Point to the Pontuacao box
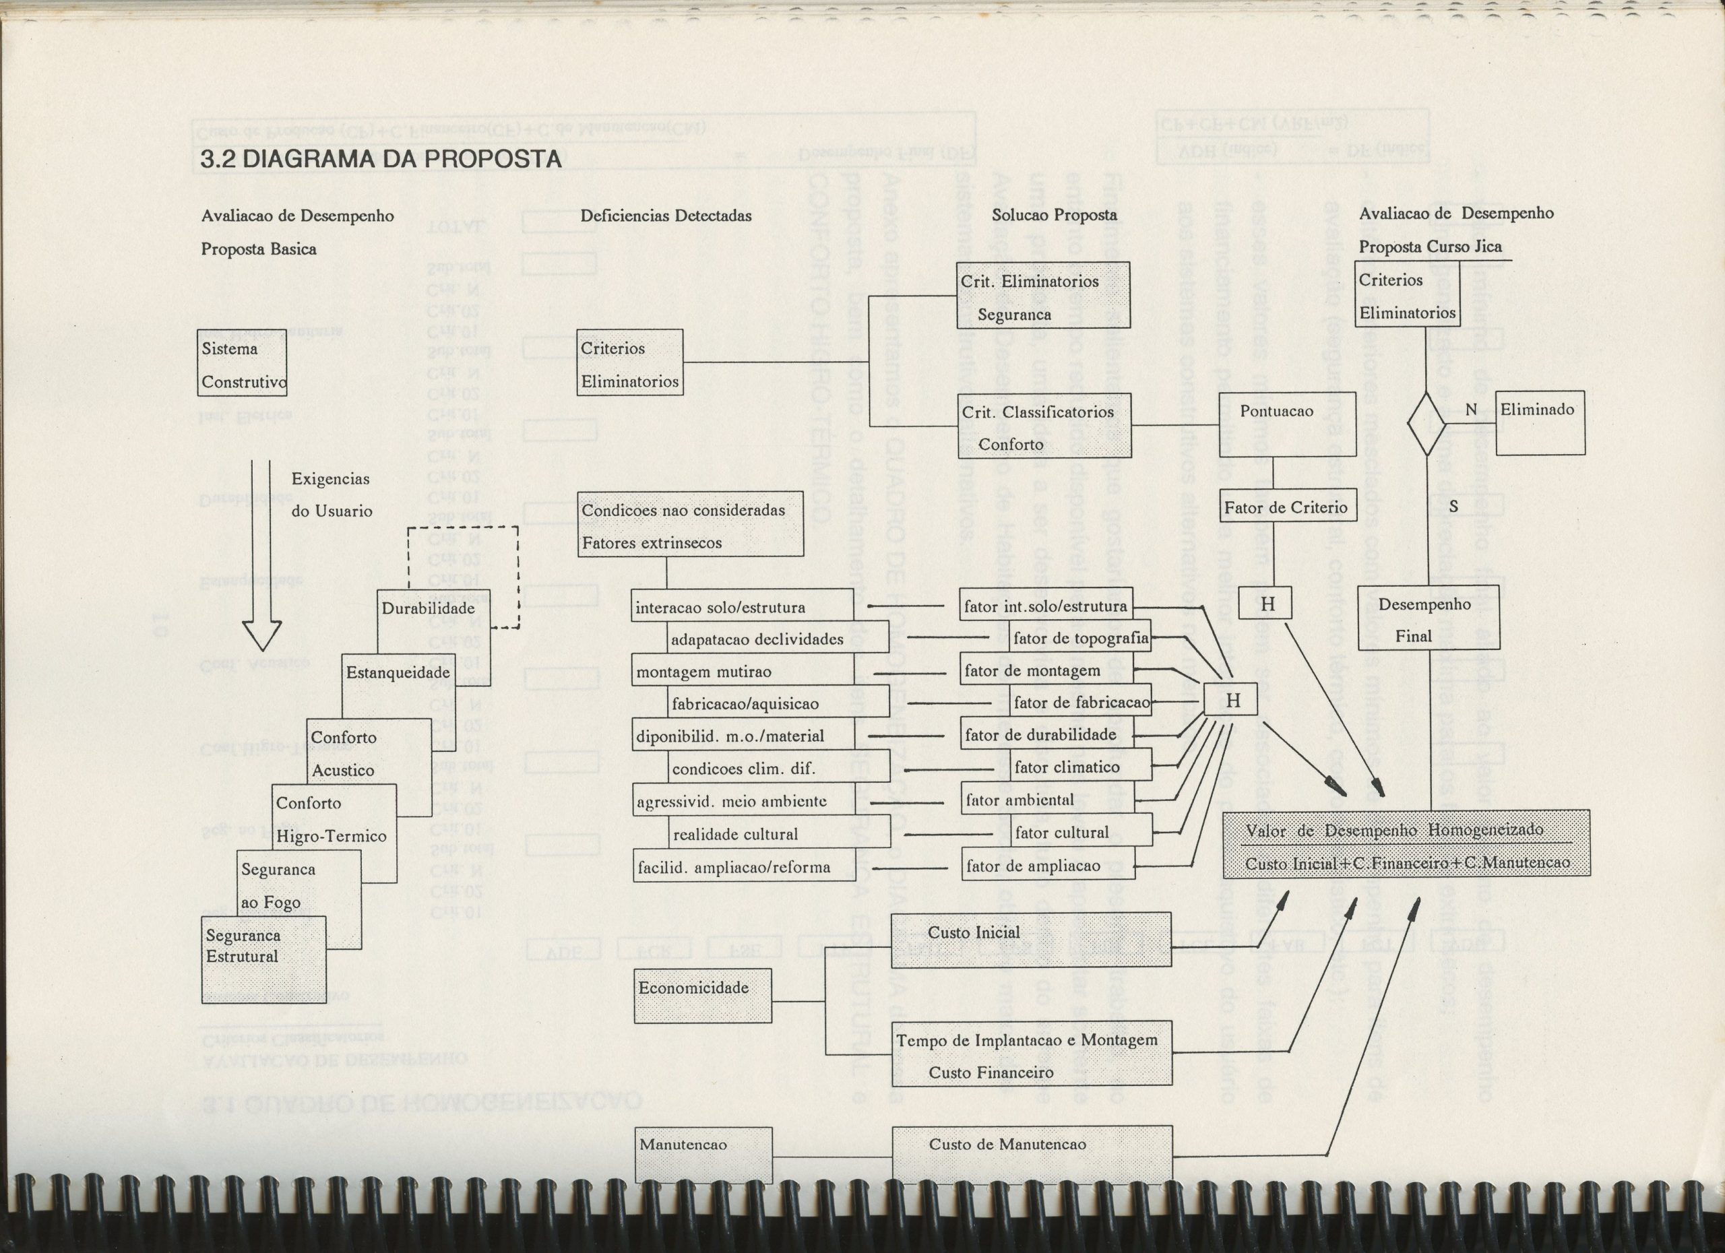point(1287,424)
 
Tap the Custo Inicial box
point(1030,939)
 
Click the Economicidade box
point(702,995)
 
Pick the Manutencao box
point(703,1154)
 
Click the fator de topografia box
point(1081,639)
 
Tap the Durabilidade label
point(428,608)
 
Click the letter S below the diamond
point(1453,507)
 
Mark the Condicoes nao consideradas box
point(690,524)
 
